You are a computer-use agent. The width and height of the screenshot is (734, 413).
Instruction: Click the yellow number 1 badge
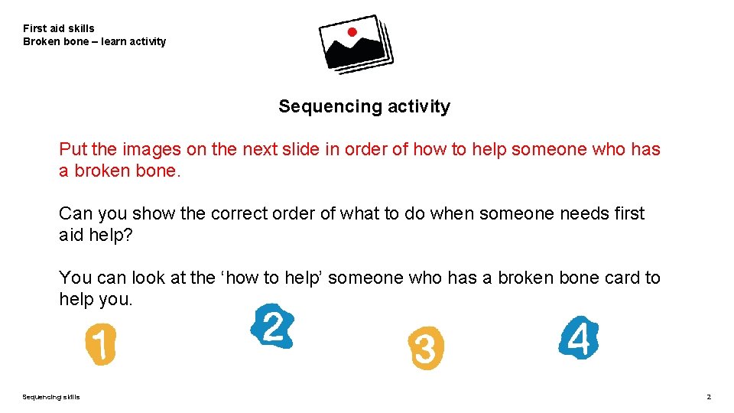(x=100, y=343)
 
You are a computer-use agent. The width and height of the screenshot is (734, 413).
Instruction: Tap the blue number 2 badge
(x=272, y=327)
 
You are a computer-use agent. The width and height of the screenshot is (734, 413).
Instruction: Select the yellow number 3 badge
(x=425, y=349)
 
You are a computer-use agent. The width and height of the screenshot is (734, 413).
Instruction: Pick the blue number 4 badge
(x=579, y=338)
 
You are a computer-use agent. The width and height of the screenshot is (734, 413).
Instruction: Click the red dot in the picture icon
(x=352, y=32)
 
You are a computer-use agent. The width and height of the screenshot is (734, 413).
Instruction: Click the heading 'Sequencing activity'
(x=364, y=106)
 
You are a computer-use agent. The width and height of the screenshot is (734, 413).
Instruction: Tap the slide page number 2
(x=709, y=397)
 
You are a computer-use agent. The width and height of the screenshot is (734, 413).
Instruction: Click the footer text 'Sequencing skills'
(x=51, y=397)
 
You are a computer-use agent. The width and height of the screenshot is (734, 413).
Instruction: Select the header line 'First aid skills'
(x=59, y=28)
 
